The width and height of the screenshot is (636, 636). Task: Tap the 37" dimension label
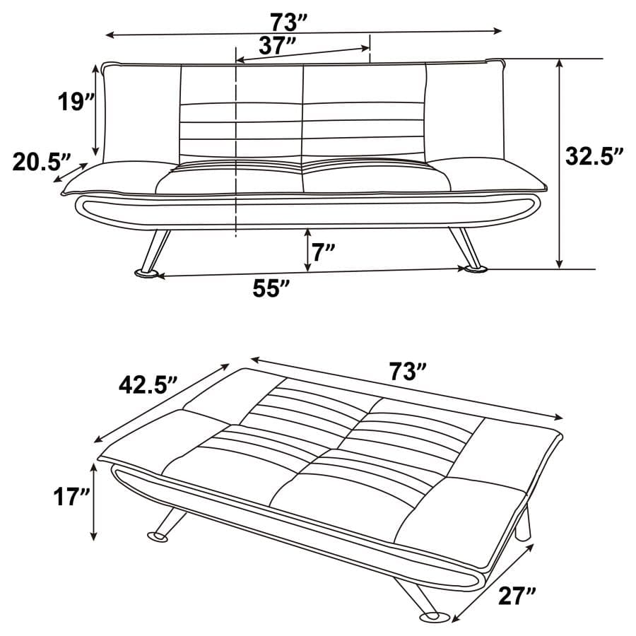pos(278,46)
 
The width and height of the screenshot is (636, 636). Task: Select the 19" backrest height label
pos(76,102)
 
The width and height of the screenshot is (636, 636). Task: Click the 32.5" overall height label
pos(594,156)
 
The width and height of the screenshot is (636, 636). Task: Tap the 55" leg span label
pos(272,289)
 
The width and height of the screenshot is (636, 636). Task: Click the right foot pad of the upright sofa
pos(474,269)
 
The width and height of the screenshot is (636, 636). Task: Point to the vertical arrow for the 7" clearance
pos(307,250)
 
